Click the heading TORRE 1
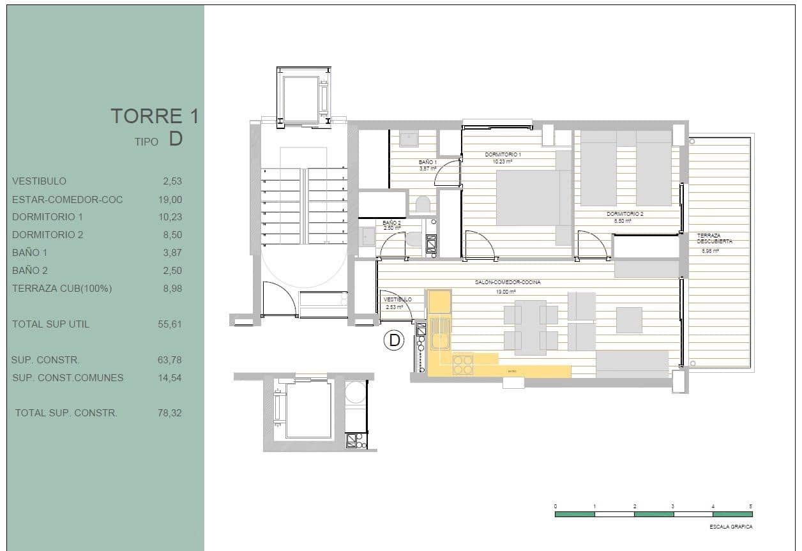click(x=154, y=116)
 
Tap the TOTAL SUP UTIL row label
click(x=50, y=324)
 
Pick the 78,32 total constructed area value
click(x=169, y=413)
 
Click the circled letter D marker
click(x=394, y=340)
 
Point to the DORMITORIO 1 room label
click(x=503, y=155)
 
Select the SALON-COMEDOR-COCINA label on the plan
click(x=503, y=282)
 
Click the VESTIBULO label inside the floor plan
click(x=398, y=299)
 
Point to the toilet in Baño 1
click(x=422, y=204)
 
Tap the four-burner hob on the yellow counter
click(x=462, y=365)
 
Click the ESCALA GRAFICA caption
click(x=730, y=527)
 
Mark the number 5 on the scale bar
click(x=751, y=506)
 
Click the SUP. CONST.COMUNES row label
click(x=68, y=377)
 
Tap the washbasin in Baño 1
click(x=409, y=139)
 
